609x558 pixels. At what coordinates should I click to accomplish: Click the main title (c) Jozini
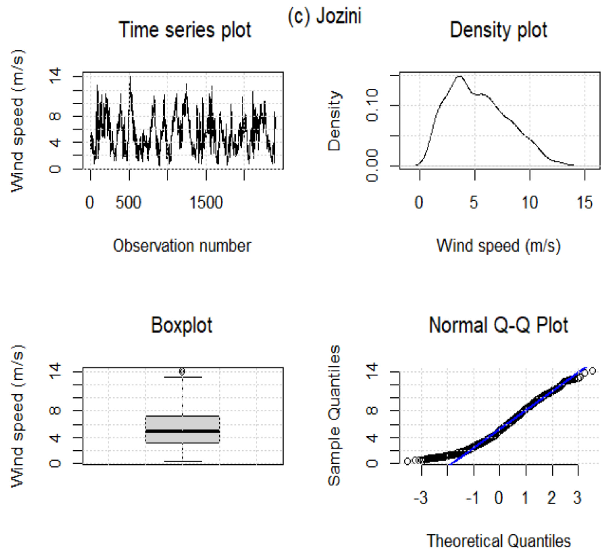point(324,16)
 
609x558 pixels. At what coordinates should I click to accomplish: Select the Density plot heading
point(498,30)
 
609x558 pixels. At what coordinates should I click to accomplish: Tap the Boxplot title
point(182,325)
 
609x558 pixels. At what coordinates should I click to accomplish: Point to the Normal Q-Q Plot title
point(498,325)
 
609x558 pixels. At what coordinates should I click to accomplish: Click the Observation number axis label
point(182,246)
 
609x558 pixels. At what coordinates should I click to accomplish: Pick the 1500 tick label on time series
point(206,203)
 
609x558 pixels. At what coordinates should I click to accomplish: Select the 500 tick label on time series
point(128,203)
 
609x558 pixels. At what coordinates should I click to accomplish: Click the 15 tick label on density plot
point(585,203)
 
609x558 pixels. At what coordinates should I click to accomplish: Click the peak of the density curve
point(460,76)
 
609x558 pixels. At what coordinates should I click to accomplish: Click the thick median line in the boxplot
point(182,431)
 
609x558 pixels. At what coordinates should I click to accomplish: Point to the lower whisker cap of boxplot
point(182,461)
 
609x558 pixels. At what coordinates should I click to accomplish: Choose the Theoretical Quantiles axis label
point(498,541)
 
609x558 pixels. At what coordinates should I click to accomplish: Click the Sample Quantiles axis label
point(334,416)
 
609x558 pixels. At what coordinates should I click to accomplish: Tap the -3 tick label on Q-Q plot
point(420,498)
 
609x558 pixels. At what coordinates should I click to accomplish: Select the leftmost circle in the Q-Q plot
point(407,461)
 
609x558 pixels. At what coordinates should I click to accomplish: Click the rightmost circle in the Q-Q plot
point(592,371)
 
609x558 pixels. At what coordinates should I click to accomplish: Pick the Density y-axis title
point(334,121)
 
